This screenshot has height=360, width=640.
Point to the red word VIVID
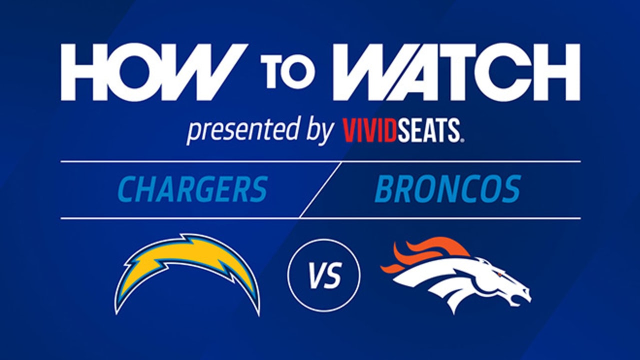(x=370, y=131)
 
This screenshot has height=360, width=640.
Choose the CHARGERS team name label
(x=193, y=189)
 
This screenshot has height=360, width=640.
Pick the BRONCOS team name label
(x=447, y=189)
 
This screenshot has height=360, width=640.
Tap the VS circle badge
(x=323, y=275)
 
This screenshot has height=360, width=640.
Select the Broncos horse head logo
(x=460, y=277)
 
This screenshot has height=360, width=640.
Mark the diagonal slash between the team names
(x=320, y=190)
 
